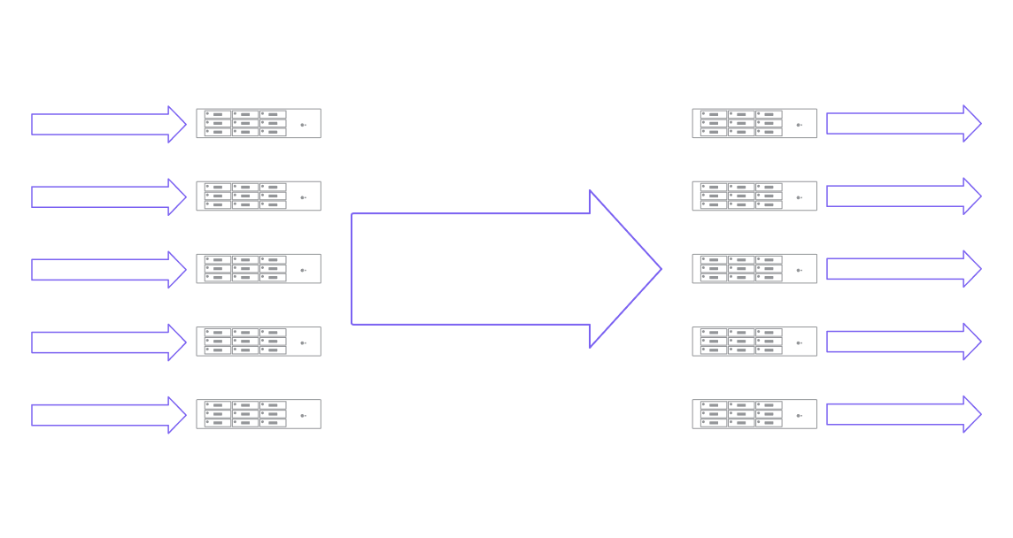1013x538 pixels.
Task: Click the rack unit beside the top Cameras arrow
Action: [x=258, y=124]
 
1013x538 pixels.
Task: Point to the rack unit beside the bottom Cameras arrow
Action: [x=258, y=414]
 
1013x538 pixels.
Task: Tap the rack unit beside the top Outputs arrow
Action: [x=754, y=124]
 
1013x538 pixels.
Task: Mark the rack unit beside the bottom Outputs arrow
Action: [x=754, y=414]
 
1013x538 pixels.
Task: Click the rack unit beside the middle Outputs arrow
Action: [x=754, y=269]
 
